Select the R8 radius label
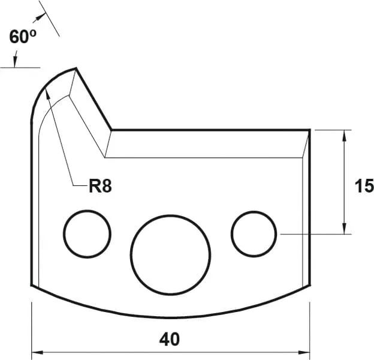click(x=99, y=186)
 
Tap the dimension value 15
click(x=363, y=186)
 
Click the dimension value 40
click(x=170, y=339)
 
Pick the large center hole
click(x=171, y=254)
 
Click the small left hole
click(x=88, y=234)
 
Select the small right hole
click(x=254, y=233)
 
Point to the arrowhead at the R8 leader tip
click(x=46, y=90)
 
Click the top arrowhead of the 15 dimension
click(x=344, y=134)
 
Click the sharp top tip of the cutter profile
click(x=76, y=68)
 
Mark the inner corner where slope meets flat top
click(x=112, y=130)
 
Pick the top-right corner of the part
click(x=309, y=130)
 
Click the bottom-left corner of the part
click(x=31, y=286)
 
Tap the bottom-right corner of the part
click(x=309, y=286)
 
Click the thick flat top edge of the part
click(x=210, y=130)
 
